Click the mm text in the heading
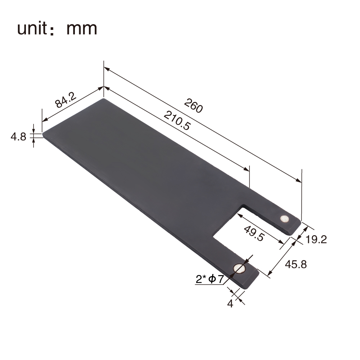82,29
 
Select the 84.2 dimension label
66,100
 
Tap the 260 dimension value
193,105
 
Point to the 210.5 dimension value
177,121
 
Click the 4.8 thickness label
18,137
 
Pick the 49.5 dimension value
254,234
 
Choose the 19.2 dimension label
316,240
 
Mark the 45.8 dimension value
296,265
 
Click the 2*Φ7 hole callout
210,279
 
